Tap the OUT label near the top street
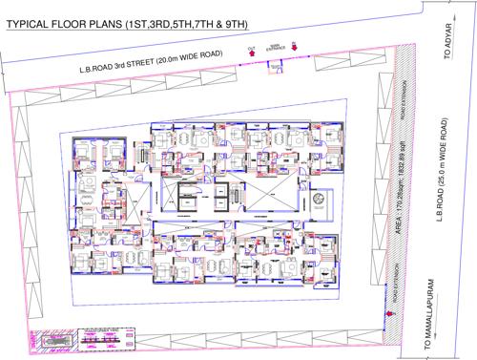click(x=251, y=45)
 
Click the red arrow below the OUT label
click(x=251, y=55)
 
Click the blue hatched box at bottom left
click(x=44, y=340)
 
